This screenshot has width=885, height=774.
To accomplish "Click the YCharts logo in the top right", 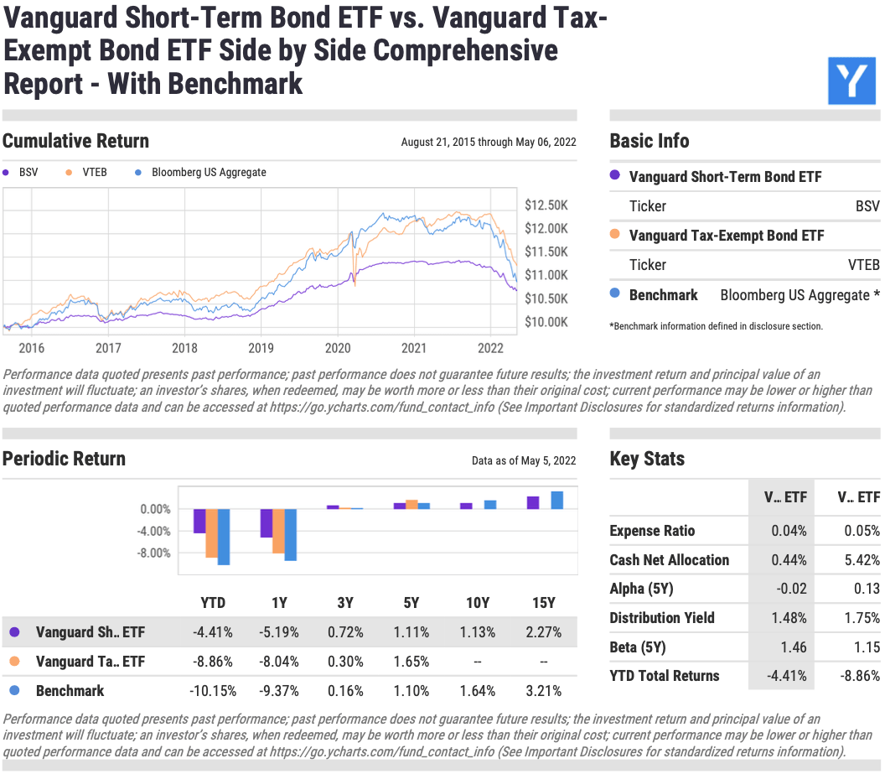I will (851, 81).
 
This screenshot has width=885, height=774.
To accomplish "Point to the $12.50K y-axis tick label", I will (546, 205).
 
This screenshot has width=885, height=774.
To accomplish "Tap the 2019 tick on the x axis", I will (261, 348).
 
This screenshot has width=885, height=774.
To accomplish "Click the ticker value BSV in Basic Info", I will (867, 205).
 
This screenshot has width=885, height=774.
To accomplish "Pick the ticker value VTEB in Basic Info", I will (863, 265).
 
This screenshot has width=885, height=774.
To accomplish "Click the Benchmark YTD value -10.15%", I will (213, 691).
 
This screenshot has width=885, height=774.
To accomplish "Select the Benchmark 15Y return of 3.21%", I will (543, 691).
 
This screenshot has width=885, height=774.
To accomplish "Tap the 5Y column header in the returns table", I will (411, 602).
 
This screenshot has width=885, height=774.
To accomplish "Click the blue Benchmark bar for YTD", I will (224, 537).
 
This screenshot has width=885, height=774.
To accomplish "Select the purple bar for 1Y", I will (267, 523).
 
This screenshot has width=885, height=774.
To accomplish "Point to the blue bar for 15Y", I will (556, 500).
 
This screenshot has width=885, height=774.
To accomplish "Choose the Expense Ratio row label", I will (652, 531).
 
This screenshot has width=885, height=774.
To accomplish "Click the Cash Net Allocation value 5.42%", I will (862, 560).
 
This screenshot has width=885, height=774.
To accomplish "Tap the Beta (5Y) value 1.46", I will (792, 647).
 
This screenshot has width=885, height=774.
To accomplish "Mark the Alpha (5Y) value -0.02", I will (791, 589).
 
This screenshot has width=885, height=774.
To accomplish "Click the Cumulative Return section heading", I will (75, 141).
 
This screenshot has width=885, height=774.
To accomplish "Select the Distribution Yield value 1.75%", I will (862, 618).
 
